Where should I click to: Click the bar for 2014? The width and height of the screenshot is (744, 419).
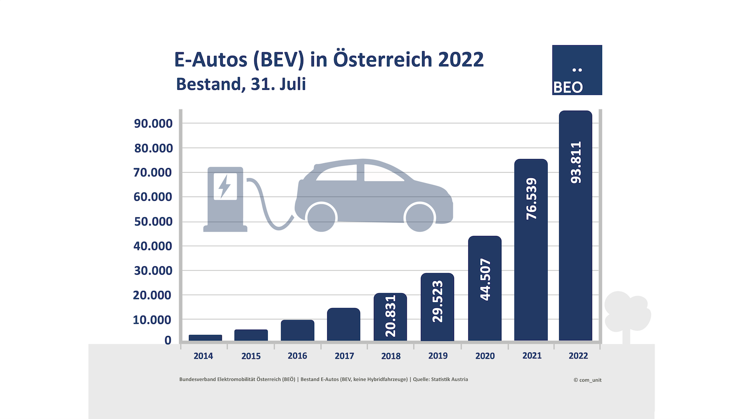click(x=205, y=338)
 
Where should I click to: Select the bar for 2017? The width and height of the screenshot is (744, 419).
click(x=344, y=324)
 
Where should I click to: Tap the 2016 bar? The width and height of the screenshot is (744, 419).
click(x=298, y=330)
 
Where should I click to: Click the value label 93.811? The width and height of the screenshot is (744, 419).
click(x=576, y=162)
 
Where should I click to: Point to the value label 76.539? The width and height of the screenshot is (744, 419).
click(x=531, y=199)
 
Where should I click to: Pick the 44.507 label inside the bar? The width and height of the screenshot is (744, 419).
click(x=485, y=279)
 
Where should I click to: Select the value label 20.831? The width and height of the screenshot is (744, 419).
click(x=391, y=316)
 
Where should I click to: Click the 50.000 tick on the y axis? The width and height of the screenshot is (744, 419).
click(x=153, y=222)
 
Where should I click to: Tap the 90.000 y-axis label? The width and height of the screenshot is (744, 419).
click(x=153, y=124)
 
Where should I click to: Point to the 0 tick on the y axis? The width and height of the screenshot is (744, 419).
click(x=168, y=341)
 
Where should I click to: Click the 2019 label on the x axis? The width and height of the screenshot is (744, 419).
click(x=438, y=356)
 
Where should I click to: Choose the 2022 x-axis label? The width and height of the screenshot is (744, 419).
click(x=578, y=356)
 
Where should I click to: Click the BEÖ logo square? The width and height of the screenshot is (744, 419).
click(x=577, y=70)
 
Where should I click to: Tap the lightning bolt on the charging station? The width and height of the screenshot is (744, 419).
click(x=225, y=186)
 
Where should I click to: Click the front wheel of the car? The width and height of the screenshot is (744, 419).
click(x=419, y=217)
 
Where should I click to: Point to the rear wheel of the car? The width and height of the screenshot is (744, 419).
click(x=321, y=217)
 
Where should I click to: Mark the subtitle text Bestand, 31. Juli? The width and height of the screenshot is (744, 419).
click(x=241, y=84)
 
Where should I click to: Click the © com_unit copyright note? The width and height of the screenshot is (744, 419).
click(x=587, y=380)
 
